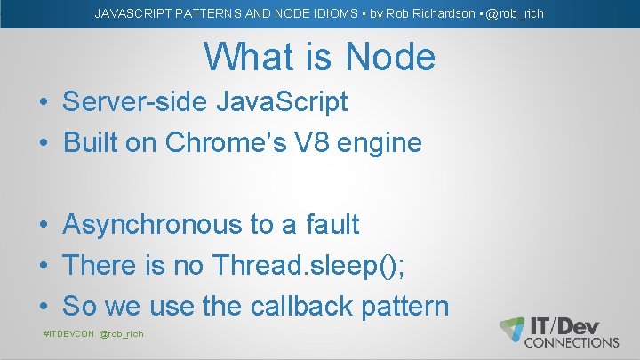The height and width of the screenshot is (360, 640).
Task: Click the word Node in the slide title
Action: coord(391,58)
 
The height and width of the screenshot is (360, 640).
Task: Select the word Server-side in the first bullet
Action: coord(135,102)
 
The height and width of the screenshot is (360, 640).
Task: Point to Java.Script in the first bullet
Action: coord(282,102)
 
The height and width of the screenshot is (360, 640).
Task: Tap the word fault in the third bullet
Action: coord(331,225)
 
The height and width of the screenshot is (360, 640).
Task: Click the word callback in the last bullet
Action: coord(296,306)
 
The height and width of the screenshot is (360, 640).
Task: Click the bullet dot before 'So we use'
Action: coord(44,307)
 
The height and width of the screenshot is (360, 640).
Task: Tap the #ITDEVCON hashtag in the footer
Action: coord(68,334)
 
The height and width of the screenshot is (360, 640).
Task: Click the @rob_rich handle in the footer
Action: coord(122,334)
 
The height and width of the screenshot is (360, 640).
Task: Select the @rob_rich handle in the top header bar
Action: coord(515,13)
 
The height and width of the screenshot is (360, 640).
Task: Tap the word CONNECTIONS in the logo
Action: coord(573,342)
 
